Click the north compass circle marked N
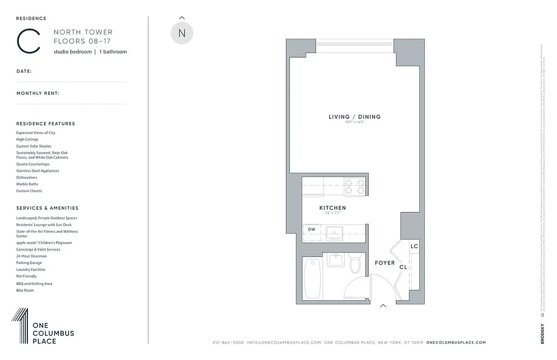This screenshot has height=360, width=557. coord(182,33)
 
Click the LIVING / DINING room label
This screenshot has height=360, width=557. coord(354,117)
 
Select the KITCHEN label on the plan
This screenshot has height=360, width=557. coord(333,208)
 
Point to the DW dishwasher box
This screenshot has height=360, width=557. coord(312,229)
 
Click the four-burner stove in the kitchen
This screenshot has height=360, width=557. coord(354,186)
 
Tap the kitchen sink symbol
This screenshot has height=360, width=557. coord(335,232)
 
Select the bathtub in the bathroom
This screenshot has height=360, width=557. coord(312,278)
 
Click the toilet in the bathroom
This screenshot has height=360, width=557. coord(356,265)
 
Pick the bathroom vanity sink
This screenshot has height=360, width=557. coord(335,260)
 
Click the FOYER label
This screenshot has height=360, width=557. coord(385,263)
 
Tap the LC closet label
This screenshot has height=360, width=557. coord(414,246)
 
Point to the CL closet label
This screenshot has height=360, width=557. coord(403,267)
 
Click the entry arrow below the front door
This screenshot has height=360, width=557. coord(383,306)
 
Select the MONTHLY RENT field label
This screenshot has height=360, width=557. coord(38,94)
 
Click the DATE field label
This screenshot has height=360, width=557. coord(24,71)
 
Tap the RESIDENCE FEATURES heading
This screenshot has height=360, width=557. coord(45,124)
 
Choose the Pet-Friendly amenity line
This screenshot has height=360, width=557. coord(27,276)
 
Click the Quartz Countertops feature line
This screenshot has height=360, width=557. coord(33,164)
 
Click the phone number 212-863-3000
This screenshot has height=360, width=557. coord(228,342)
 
